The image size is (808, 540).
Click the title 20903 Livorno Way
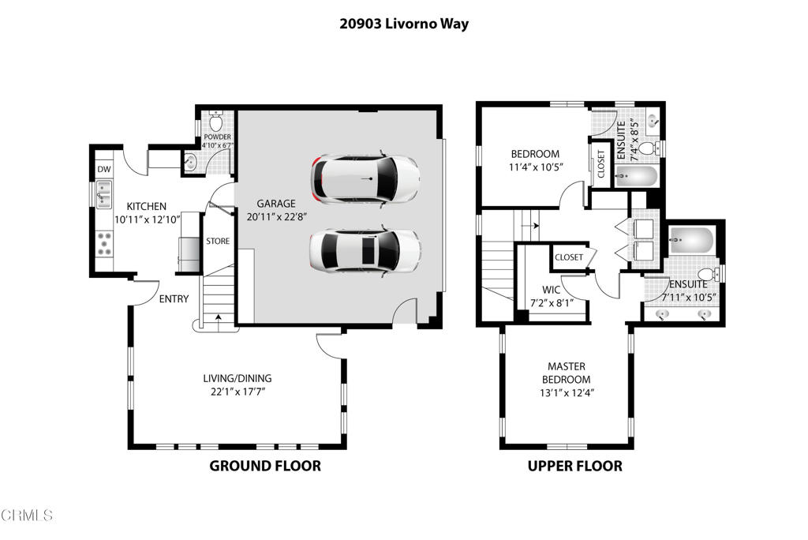(x=404, y=24)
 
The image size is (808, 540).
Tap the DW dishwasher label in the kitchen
(x=104, y=169)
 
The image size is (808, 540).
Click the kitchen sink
(x=104, y=194)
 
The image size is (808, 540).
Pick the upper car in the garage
(x=365, y=179)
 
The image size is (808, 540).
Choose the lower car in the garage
(x=365, y=251)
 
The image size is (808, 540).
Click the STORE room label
(x=218, y=241)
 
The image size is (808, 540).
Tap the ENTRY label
(x=174, y=298)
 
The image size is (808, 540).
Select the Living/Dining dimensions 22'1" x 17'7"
(x=238, y=392)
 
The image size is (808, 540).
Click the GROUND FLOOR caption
(x=265, y=466)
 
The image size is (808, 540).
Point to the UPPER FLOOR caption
(x=575, y=467)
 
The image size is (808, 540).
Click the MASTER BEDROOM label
(x=567, y=373)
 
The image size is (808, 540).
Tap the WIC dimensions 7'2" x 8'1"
(x=552, y=303)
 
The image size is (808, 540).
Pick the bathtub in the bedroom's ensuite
(x=636, y=177)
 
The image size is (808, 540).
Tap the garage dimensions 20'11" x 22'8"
(x=277, y=216)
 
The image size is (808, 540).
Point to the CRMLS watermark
(x=27, y=515)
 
